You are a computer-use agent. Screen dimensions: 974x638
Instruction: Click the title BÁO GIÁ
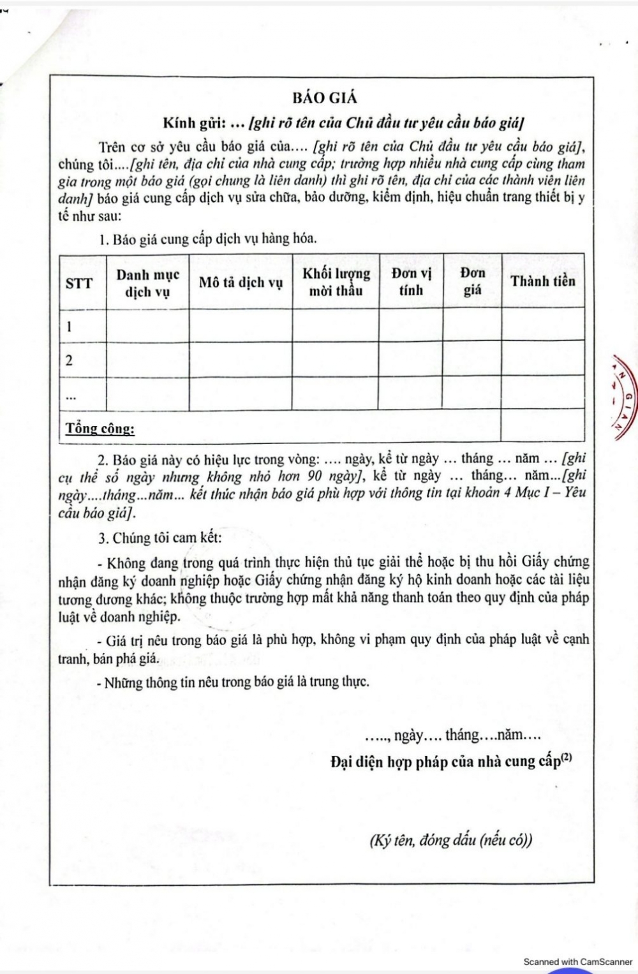pyautogui.click(x=325, y=98)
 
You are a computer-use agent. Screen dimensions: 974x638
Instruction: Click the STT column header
pyautogui.click(x=79, y=283)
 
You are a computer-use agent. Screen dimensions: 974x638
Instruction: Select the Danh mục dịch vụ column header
pyautogui.click(x=147, y=283)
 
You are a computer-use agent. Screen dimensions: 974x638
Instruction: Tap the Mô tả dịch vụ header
pyautogui.click(x=241, y=283)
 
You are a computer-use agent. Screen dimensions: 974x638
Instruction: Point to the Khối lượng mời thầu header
pyautogui.click(x=336, y=282)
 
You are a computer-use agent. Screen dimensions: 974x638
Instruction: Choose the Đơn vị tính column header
pyautogui.click(x=411, y=281)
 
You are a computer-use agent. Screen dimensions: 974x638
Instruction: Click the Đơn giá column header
pyautogui.click(x=472, y=281)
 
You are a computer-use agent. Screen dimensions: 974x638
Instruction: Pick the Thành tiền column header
pyautogui.click(x=543, y=281)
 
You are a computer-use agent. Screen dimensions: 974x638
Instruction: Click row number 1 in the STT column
pyautogui.click(x=69, y=327)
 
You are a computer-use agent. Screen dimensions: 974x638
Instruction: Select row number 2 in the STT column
pyautogui.click(x=69, y=360)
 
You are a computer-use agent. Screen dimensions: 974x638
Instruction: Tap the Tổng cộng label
pyautogui.click(x=100, y=428)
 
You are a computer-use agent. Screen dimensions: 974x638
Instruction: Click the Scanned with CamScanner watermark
pyautogui.click(x=577, y=961)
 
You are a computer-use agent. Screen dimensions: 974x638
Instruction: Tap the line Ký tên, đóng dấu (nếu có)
pyautogui.click(x=450, y=840)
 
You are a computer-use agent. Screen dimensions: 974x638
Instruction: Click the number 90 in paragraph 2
pyautogui.click(x=315, y=476)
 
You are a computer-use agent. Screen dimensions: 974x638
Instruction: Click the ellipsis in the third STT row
pyautogui.click(x=71, y=397)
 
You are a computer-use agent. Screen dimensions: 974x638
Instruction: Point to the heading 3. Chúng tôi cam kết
pyautogui.click(x=159, y=538)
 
